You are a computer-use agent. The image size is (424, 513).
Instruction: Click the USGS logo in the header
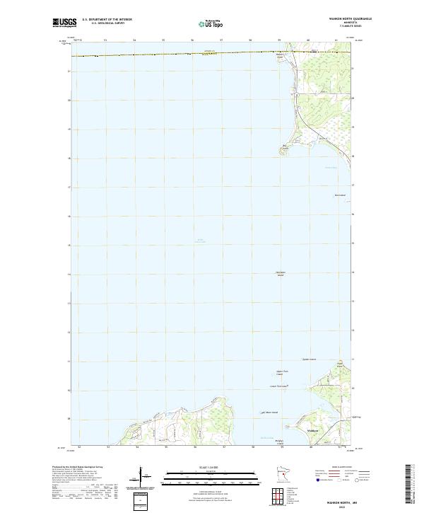point(65,23)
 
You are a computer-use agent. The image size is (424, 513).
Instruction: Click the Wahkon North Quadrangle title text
point(331,19)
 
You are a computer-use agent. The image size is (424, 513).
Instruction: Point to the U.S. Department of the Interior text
point(107,19)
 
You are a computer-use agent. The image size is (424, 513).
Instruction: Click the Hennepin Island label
point(281,275)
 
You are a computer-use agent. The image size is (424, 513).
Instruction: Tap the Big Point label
point(285,147)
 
